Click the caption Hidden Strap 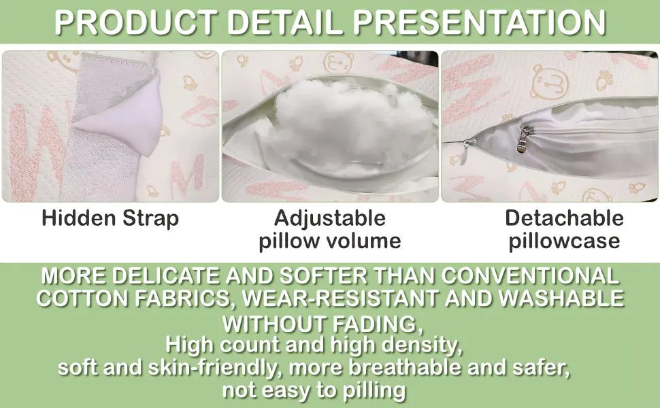(110, 218)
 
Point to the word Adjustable (330, 218)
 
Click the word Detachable (564, 218)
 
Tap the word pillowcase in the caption (564, 240)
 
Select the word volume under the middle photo (365, 241)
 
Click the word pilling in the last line (373, 390)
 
